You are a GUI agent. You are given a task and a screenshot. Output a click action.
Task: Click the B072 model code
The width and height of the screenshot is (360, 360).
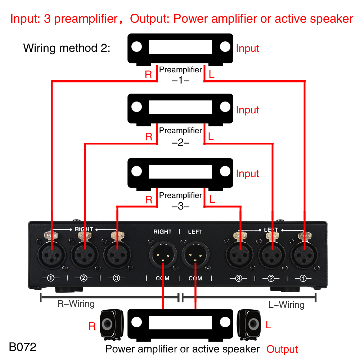tap(22, 347)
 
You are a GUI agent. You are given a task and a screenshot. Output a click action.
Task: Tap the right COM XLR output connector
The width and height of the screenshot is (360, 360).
tap(163, 255)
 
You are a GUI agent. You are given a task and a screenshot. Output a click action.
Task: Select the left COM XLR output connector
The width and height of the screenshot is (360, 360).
tap(195, 255)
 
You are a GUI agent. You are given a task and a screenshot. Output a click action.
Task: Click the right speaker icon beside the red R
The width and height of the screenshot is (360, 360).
tap(112, 325)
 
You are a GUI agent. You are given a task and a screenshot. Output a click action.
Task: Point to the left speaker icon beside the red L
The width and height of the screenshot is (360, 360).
tap(249, 325)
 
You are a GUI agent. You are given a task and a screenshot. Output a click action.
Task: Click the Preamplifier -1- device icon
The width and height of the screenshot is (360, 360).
tap(180, 50)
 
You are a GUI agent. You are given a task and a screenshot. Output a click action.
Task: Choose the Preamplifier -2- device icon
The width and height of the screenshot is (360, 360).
tap(180, 110)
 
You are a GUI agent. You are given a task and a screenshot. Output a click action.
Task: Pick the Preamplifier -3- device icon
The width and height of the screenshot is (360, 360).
tap(180, 174)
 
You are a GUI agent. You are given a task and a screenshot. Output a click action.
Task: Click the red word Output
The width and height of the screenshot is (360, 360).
tap(282, 349)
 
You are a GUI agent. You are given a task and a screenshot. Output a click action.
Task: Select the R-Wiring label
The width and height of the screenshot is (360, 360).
tap(76, 303)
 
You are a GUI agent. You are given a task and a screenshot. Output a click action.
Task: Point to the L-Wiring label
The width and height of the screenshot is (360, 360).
tap(286, 305)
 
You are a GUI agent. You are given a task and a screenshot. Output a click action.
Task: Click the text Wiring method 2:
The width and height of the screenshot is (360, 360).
tap(67, 48)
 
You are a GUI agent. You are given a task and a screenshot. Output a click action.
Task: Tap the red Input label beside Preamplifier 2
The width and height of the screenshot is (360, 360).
tap(247, 110)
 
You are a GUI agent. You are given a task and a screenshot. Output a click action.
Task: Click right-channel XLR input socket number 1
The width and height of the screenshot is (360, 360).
tap(51, 255)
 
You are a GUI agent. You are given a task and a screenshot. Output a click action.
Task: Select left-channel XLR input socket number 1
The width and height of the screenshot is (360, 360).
tap(304, 255)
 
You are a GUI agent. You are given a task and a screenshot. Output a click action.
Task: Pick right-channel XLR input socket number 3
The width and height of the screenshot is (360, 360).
tap(117, 255)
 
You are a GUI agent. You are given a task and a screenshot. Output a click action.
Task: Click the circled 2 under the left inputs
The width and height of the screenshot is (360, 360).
tap(271, 278)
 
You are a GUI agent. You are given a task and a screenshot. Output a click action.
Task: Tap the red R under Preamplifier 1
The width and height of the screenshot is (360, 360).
tap(148, 75)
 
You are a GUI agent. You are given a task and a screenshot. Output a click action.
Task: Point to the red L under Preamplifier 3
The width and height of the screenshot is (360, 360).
tap(212, 199)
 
